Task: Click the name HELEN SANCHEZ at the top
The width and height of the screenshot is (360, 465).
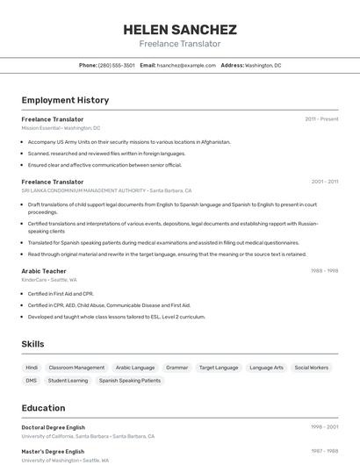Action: tap(180, 29)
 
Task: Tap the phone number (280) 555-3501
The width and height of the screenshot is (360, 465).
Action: tap(117, 65)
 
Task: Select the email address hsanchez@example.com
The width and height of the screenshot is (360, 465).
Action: tap(186, 65)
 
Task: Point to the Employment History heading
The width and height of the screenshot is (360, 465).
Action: tap(65, 100)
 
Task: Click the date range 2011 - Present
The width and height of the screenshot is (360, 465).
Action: tap(321, 118)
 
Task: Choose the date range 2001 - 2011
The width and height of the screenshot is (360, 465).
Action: tap(324, 182)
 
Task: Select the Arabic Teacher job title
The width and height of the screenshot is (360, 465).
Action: tap(44, 271)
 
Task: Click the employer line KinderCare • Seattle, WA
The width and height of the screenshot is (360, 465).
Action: tap(49, 280)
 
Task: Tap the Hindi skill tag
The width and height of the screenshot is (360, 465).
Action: tap(32, 368)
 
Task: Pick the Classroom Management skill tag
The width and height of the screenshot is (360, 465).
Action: tap(76, 368)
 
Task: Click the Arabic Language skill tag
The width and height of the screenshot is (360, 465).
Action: tap(135, 368)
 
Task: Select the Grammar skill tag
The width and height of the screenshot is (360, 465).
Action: tap(177, 368)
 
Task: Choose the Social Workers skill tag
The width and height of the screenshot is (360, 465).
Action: tap(312, 368)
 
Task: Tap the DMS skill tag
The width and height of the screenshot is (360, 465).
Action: tap(32, 381)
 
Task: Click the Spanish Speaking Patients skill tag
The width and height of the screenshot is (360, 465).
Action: tap(130, 381)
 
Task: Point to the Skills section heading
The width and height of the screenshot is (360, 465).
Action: tap(32, 344)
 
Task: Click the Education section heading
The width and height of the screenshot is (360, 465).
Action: tap(43, 408)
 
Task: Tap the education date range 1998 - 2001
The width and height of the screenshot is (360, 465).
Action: tap(324, 427)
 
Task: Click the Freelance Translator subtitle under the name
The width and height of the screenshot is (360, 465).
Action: tap(180, 44)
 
